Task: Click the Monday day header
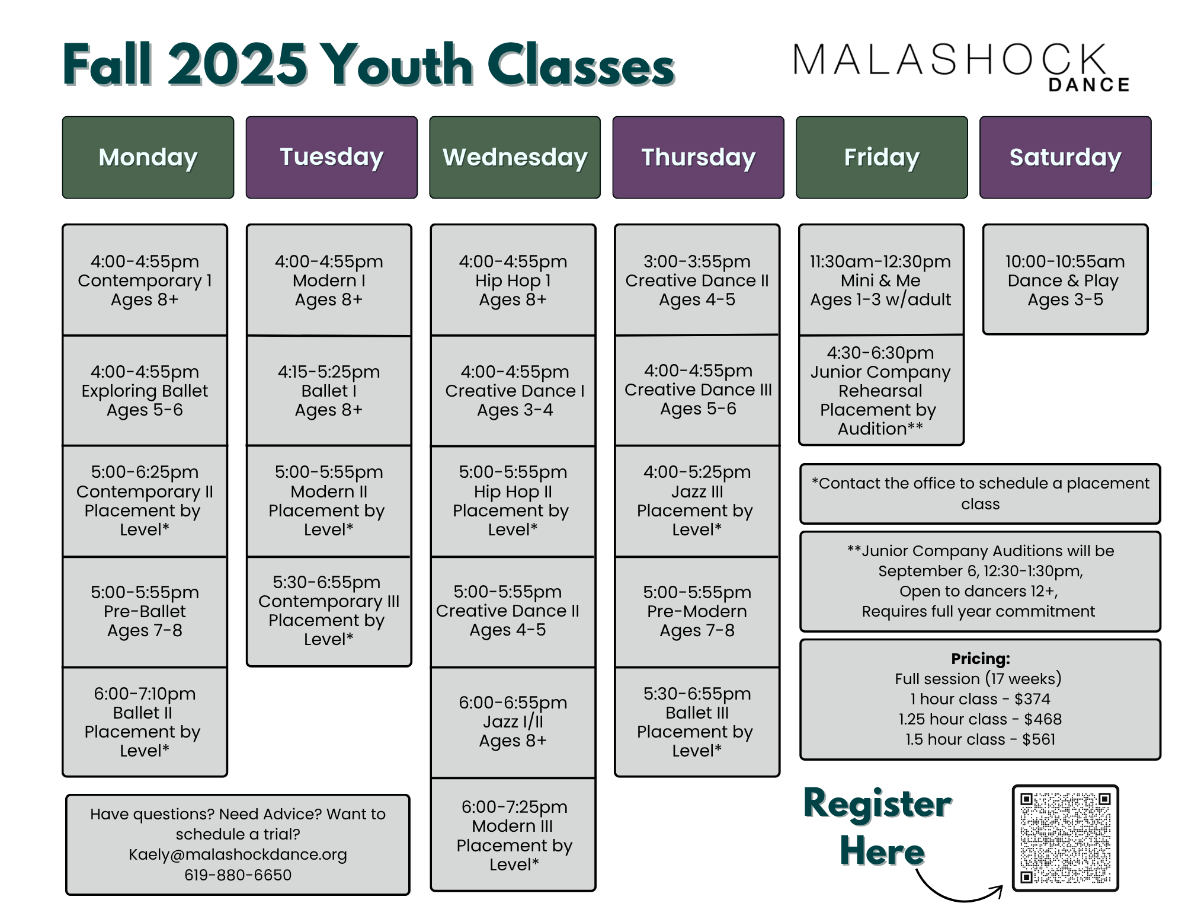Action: (148, 157)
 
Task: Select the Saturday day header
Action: (1065, 157)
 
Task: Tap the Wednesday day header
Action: (515, 157)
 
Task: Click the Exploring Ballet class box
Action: (145, 391)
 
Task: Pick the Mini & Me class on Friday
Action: (880, 280)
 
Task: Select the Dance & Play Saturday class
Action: (1065, 280)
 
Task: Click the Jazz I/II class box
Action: (513, 722)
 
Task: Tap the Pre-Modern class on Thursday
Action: (697, 611)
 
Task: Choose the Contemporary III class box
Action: (329, 611)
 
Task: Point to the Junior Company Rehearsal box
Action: (880, 390)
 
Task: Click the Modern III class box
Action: (513, 835)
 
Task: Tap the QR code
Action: (1065, 838)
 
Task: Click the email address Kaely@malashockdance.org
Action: (238, 854)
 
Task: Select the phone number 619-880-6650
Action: (238, 874)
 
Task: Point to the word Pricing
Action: (981, 659)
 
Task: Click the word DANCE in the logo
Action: (1089, 85)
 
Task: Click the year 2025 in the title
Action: (238, 65)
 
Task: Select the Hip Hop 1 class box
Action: (513, 280)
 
